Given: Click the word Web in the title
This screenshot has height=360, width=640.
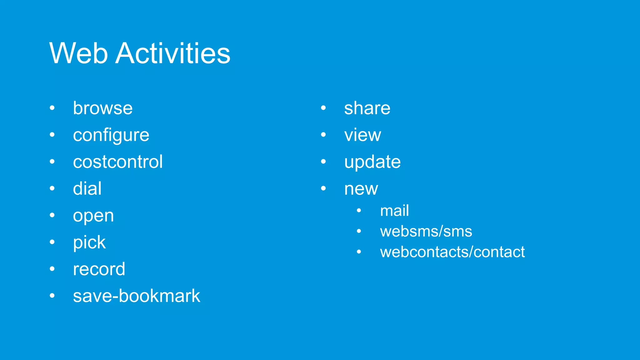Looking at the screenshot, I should point(78,53).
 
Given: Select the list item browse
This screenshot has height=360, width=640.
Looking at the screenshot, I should point(102,108).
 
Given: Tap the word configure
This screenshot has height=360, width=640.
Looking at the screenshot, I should point(111,135).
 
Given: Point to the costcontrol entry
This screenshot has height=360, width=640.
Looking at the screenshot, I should point(117,162).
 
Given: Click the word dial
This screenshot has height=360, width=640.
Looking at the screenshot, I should point(87,189).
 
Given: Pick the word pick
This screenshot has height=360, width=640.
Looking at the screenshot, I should point(89,242).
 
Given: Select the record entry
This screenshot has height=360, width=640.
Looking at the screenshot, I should point(99,269).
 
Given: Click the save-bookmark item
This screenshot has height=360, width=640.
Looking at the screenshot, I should point(136,296).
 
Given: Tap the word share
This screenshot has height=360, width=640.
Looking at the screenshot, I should point(367,108).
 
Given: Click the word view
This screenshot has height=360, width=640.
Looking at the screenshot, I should point(362,135).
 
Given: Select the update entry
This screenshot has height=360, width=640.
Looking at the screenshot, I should point(372,162).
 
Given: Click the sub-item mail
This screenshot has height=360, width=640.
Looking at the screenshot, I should point(394,211).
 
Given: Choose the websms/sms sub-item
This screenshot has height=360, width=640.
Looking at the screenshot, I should point(426,232).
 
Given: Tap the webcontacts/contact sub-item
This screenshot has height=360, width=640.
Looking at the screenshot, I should point(452,252).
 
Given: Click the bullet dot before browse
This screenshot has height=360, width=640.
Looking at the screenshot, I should point(52,108).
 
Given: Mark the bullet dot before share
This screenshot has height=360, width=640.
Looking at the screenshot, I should point(323,108).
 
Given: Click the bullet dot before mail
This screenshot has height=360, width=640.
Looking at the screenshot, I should point(359,211).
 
